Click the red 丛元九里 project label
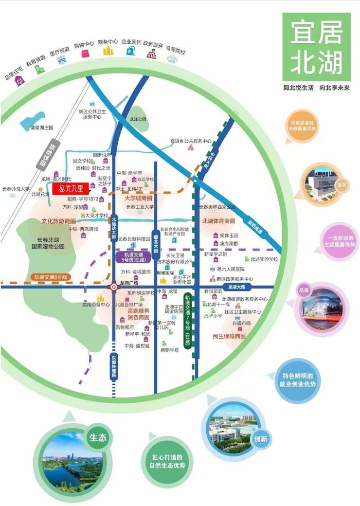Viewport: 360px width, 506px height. pos(72,188)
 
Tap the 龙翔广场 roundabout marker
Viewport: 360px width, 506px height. pos(114,287)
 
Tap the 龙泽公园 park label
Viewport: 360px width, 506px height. pos(138,119)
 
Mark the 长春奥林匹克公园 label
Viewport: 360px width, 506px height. pos(217,207)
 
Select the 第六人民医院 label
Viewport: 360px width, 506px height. pos(231,269)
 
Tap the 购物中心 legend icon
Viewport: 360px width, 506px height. pos(85,52)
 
